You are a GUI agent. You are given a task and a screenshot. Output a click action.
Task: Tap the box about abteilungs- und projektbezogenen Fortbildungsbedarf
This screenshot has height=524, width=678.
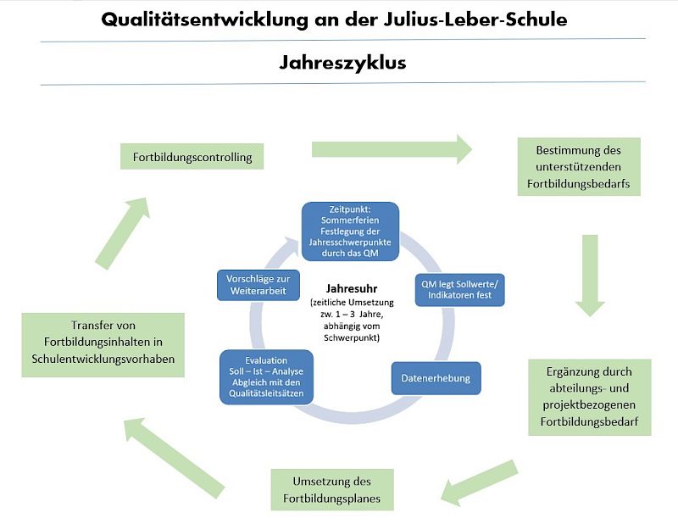(589, 396)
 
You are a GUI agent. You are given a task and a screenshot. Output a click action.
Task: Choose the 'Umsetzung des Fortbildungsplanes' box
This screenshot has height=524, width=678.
(331, 489)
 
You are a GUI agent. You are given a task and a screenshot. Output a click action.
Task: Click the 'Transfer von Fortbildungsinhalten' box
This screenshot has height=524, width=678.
(103, 346)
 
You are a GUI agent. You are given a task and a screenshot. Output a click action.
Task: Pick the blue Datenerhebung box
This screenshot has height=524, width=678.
(436, 378)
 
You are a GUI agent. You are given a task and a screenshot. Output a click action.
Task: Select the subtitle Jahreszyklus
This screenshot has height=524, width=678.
(342, 62)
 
